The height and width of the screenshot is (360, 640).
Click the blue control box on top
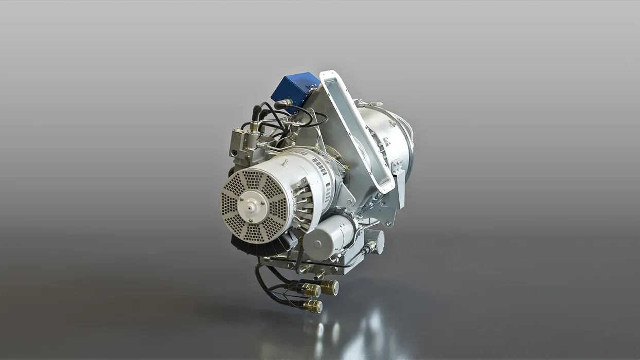tap(295, 87)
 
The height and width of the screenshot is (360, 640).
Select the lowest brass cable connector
tap(312, 307)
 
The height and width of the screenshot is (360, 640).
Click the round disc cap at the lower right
tap(376, 241)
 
